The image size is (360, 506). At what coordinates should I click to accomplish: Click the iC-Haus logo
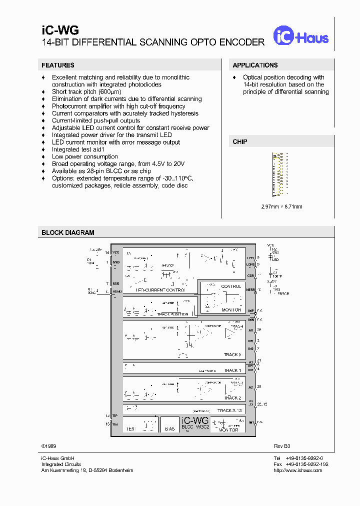coord(300,35)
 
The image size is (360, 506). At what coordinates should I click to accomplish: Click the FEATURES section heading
coord(58,65)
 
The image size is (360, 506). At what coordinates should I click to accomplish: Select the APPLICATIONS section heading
coord(255,65)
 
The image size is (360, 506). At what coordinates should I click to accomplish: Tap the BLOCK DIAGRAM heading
coord(67,232)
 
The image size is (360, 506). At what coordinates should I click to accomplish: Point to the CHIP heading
coord(240,142)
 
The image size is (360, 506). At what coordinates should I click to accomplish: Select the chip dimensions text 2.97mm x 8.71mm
coord(281,206)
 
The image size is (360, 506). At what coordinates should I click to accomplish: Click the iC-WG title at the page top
coord(53,31)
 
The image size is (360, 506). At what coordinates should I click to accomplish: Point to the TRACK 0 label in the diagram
coord(232,354)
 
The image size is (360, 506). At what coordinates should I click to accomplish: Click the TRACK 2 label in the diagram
coord(232,398)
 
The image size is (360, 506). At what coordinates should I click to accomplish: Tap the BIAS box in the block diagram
coord(169,429)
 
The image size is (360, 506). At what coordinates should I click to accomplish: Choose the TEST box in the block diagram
coord(131,429)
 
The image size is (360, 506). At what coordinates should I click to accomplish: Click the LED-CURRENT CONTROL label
coord(160,290)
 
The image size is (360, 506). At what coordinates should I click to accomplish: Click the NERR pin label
coord(250,289)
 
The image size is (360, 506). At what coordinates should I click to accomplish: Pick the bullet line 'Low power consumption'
coord(84,157)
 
